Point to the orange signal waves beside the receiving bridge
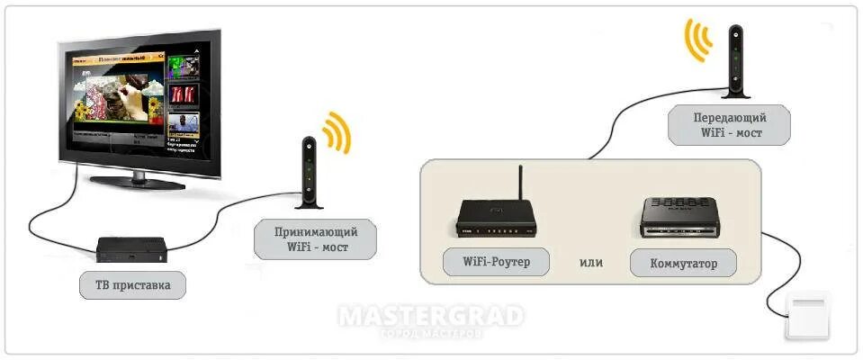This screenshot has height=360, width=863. coord(337,133)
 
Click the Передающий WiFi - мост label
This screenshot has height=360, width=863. coord(729,124)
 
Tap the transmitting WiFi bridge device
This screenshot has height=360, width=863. coord(736,60)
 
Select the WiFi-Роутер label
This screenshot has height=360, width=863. coord(496,262)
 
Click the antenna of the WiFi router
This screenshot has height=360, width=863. coord(519,184)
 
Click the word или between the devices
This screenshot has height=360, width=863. coord(590,263)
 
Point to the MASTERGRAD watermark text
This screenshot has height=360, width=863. coord(430,316)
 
